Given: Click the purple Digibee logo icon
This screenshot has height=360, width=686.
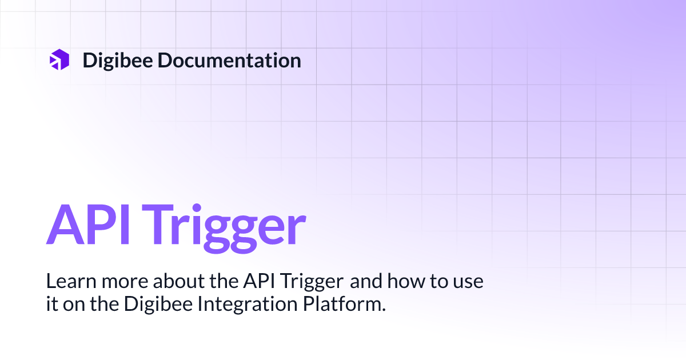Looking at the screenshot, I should coord(59,60).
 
